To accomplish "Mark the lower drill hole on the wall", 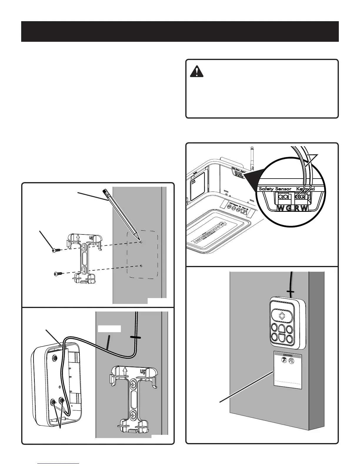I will tap(141, 266).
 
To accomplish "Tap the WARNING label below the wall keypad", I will tap(287, 356).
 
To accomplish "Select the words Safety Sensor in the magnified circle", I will tap(275, 189).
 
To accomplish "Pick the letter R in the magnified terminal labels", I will tap(297, 209).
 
